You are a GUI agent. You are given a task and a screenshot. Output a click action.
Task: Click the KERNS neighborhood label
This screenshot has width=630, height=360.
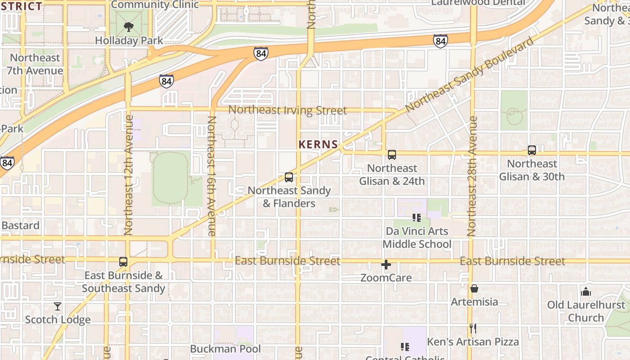pos(318,144)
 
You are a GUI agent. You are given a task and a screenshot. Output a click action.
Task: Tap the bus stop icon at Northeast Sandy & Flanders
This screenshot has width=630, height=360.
pos(289,177)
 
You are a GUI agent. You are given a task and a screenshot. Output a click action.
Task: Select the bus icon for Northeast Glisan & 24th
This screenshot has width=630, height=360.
pos(392,155)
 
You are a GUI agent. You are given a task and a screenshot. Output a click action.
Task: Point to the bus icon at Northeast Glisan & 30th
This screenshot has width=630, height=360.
pos(532,150)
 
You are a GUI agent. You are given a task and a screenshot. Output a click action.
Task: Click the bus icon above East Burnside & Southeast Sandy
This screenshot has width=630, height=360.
pos(123,262)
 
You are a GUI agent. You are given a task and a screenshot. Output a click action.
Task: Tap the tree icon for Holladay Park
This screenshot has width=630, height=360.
pos(129,27)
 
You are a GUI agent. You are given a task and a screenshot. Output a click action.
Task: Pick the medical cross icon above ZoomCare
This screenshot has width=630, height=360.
pos(386,265)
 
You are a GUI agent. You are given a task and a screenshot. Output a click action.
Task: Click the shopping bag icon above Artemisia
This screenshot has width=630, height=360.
pos(474,288)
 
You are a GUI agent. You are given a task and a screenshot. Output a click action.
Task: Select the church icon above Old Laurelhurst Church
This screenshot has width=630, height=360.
pos(585,292)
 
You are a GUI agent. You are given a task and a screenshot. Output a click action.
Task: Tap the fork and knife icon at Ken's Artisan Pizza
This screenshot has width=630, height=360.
pos(473,328)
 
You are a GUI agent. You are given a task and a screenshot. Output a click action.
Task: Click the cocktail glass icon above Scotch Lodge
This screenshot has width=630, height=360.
pos(58,306)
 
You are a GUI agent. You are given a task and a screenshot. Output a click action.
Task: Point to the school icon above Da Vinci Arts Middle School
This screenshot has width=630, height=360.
pos(417,218)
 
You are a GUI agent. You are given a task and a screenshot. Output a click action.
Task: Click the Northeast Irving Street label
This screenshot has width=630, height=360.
pos(288,110)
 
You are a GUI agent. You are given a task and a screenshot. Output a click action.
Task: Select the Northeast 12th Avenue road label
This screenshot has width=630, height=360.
pos(128,175)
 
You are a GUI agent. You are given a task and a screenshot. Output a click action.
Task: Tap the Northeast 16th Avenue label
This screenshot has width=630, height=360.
pos(212,176)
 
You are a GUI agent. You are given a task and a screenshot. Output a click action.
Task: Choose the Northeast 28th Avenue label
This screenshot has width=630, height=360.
pos(472,176)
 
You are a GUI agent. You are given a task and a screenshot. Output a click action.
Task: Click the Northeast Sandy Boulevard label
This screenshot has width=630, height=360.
pos(469,75)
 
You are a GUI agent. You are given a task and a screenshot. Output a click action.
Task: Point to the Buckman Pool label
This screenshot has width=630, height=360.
pos(225,349)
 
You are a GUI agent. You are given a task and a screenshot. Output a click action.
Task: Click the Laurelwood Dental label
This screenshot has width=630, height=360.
pos(478,3)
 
